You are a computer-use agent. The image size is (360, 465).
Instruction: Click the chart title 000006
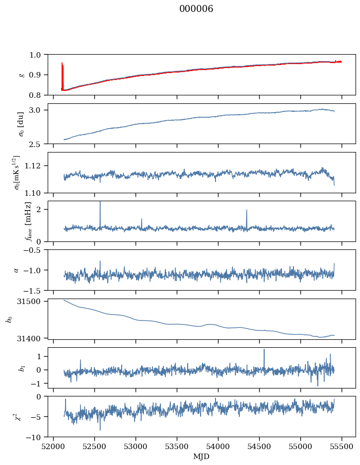[196, 9]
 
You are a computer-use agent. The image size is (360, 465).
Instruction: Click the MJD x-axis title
[201, 457]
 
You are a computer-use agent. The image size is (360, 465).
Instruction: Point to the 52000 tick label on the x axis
[53, 447]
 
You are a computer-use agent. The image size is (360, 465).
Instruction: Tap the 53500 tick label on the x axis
[177, 447]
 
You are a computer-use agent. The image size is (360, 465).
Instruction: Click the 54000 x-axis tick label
[218, 447]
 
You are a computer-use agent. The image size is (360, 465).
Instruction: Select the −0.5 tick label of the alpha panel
[36, 250]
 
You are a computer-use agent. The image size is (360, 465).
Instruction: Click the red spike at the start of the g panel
[63, 76]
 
